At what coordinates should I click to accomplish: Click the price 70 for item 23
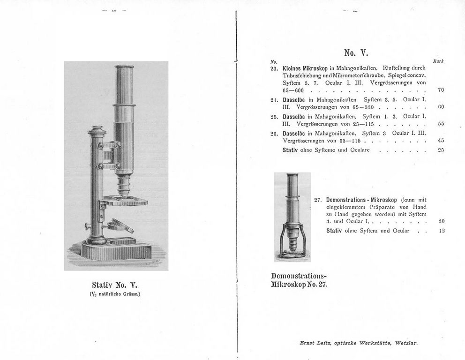tap(441, 90)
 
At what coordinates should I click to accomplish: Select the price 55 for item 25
tap(441, 124)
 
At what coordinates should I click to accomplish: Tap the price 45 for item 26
tap(441, 140)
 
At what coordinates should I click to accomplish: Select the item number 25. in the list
tap(275, 115)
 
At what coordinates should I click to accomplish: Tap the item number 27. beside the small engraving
tap(317, 199)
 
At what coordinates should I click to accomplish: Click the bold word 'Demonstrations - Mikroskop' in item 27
tap(361, 199)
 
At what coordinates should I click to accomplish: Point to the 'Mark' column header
tap(438, 61)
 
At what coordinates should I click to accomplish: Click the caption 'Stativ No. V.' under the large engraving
tap(115, 285)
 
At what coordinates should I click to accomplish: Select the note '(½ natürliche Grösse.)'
tap(115, 295)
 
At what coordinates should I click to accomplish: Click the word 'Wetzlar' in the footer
tap(406, 343)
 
